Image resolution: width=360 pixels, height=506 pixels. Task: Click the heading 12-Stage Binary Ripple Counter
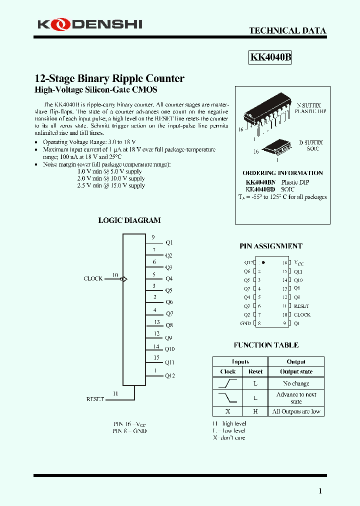point(109,78)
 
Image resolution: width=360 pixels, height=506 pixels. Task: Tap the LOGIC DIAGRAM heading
point(129,220)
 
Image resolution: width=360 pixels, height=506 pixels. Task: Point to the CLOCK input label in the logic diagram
point(93,278)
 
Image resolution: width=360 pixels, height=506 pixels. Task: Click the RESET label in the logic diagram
point(95,399)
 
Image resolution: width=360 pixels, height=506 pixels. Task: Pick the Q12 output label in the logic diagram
point(170,375)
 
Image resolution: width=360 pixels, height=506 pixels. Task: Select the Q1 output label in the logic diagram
point(169,242)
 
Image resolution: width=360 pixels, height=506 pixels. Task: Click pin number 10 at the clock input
point(115,275)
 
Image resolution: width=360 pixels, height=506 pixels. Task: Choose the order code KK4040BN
point(260,182)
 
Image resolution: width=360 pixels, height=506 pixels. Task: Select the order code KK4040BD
point(260,189)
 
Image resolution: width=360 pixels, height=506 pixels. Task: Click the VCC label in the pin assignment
point(298,262)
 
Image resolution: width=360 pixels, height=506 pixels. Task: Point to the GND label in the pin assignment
point(245,323)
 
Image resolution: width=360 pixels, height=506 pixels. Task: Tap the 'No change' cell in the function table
point(296,383)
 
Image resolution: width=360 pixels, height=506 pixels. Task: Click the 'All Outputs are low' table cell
point(296,411)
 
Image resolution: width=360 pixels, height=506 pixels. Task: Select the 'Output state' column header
point(296,371)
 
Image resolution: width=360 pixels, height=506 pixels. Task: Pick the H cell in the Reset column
point(255,411)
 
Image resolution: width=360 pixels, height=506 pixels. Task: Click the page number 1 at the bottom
point(320,491)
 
